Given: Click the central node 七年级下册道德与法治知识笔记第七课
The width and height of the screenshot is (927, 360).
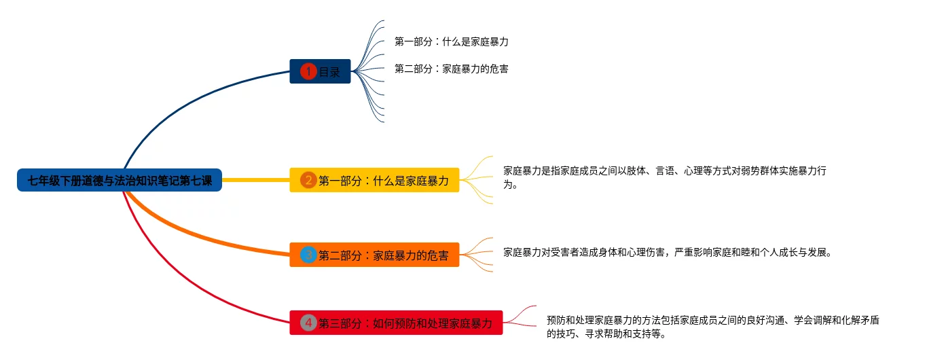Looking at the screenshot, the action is (x=120, y=181).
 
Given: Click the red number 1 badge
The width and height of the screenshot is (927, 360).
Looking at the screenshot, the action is (x=308, y=71).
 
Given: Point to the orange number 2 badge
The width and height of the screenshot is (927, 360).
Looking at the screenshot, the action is (x=308, y=181).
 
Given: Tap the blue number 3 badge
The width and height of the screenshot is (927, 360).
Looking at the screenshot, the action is (x=308, y=255).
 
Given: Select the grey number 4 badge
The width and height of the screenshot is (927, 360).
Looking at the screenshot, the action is (x=308, y=323).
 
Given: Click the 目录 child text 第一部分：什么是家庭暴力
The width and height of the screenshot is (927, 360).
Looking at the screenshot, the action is (x=451, y=41).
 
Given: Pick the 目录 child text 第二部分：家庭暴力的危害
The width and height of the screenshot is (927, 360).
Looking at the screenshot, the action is (x=451, y=69).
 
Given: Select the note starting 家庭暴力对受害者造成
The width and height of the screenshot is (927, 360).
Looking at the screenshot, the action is (x=668, y=252).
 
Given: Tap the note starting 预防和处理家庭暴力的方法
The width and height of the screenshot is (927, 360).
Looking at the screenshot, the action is (x=712, y=320).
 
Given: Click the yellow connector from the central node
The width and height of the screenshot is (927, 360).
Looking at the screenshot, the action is (x=255, y=180).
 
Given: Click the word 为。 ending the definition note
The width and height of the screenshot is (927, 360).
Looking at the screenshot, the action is (x=511, y=184).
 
